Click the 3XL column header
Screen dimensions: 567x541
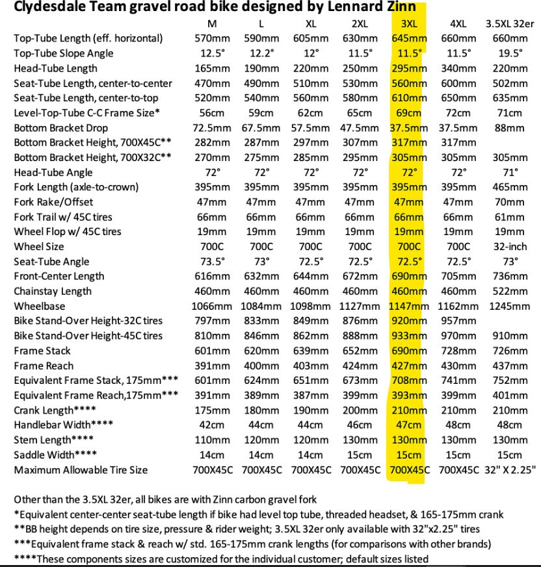click(409, 24)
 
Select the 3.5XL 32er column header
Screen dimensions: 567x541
click(510, 24)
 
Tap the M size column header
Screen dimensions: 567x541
click(211, 24)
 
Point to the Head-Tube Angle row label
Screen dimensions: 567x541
click(53, 172)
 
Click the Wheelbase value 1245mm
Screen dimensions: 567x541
click(510, 306)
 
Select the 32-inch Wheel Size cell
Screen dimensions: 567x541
click(510, 247)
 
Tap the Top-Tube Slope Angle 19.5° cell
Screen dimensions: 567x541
click(510, 53)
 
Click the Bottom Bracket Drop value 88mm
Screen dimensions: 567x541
click(510, 128)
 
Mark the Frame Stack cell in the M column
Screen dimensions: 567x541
click(211, 351)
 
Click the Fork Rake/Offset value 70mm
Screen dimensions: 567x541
click(510, 202)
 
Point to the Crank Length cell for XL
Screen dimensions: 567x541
click(310, 410)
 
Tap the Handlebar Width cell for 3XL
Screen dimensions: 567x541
click(409, 425)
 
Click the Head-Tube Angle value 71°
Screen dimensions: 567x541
click(510, 172)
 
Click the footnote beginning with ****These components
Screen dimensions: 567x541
click(221, 559)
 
